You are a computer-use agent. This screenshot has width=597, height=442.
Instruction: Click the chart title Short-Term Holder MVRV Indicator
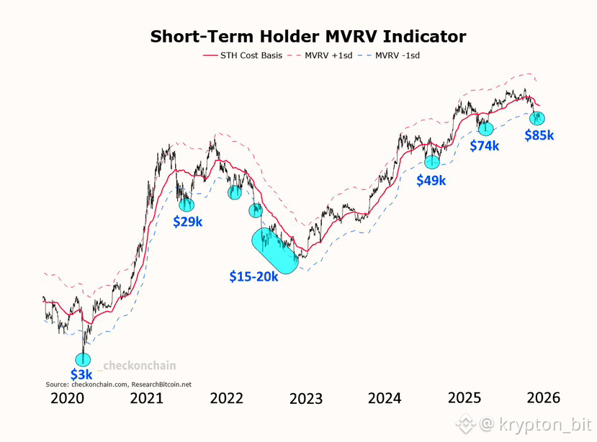(308, 37)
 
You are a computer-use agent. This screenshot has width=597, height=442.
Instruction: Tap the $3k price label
(81, 374)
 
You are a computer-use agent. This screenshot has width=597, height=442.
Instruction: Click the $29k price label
(188, 222)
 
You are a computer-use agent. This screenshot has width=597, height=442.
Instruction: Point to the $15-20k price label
(254, 276)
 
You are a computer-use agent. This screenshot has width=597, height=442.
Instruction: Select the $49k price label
(431, 181)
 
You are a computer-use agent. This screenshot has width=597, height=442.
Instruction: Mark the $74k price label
(485, 146)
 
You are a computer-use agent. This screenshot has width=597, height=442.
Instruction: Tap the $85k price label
(539, 135)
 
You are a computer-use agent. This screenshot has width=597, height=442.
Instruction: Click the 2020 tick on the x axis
(69, 398)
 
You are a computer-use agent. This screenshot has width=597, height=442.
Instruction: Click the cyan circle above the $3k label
(84, 359)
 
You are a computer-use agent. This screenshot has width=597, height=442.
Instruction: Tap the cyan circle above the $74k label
(486, 130)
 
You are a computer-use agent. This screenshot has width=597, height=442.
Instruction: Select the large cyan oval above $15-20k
(274, 250)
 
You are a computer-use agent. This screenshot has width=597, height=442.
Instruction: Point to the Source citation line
(119, 384)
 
